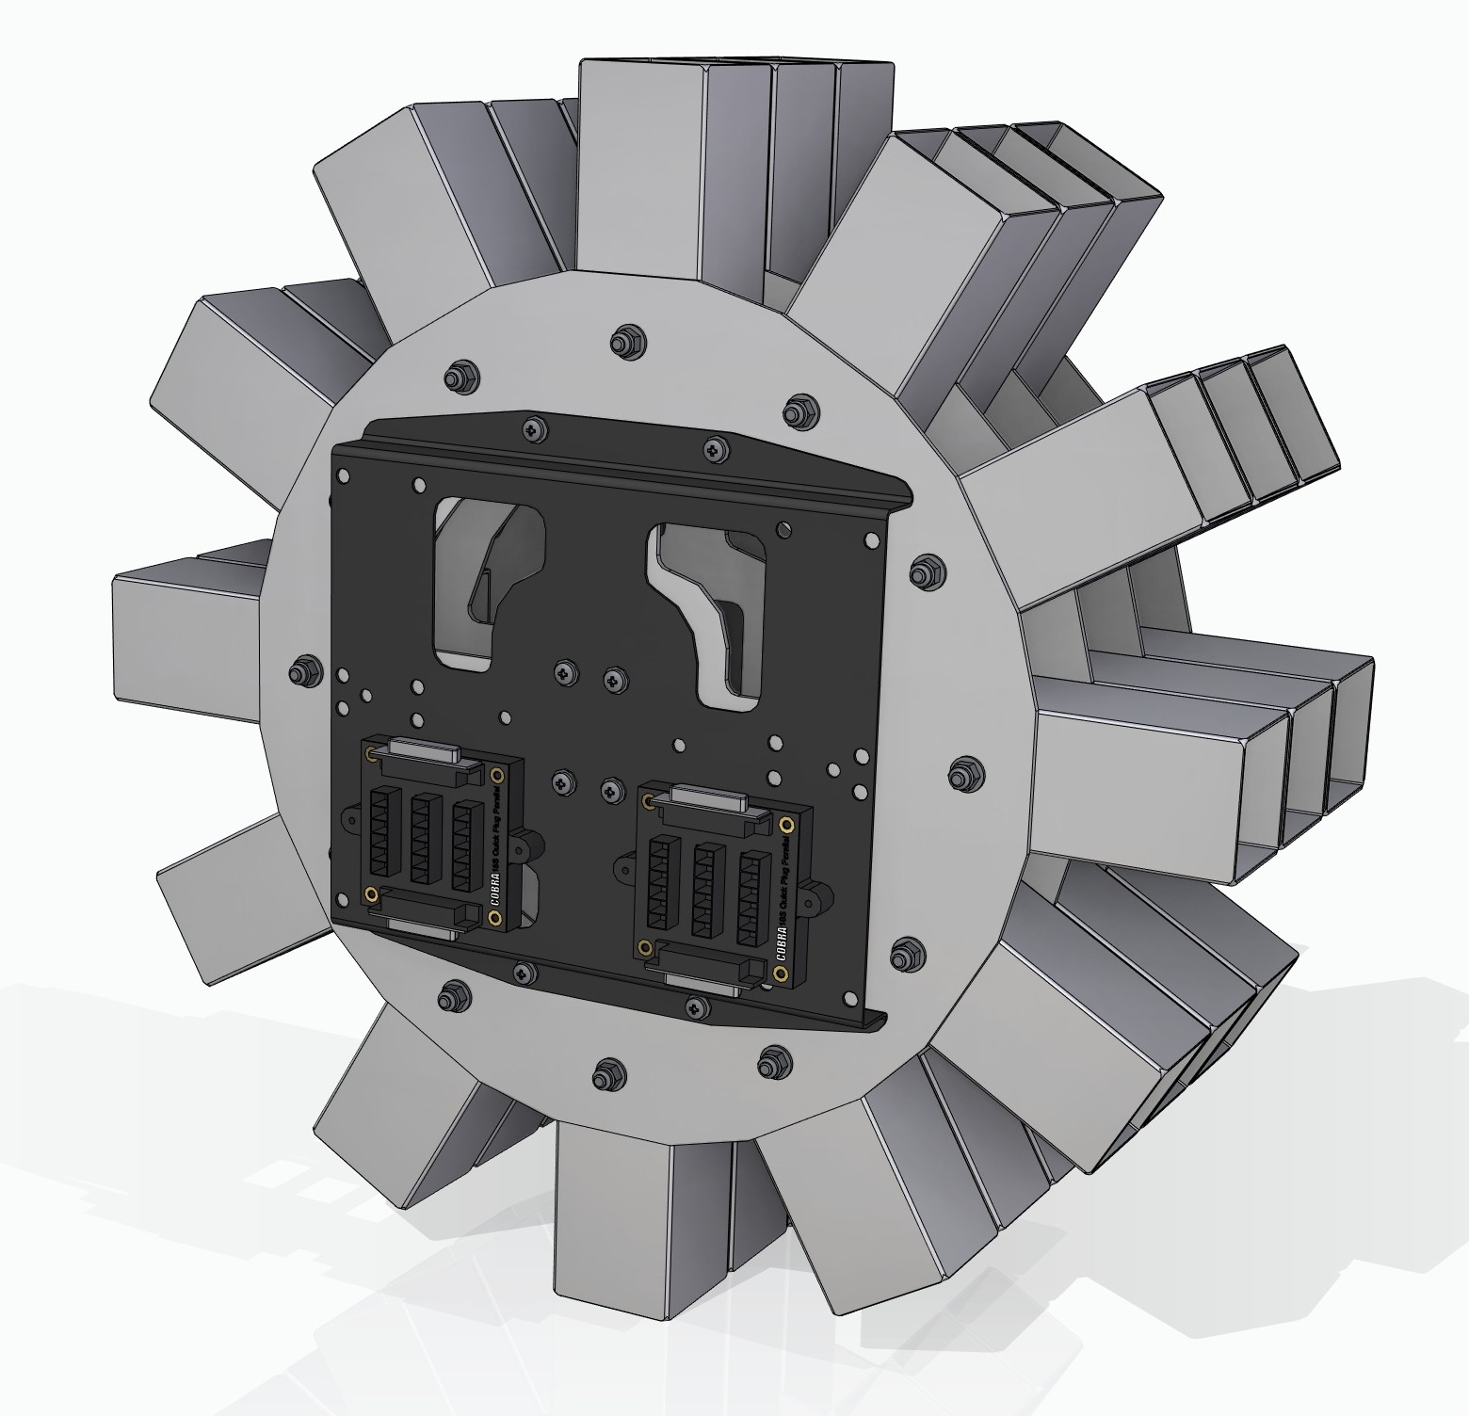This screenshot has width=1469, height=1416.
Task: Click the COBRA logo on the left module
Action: [496, 890]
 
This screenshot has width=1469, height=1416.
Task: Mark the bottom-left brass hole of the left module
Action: [372, 893]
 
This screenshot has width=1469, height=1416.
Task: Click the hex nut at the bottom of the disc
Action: [605, 1072]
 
